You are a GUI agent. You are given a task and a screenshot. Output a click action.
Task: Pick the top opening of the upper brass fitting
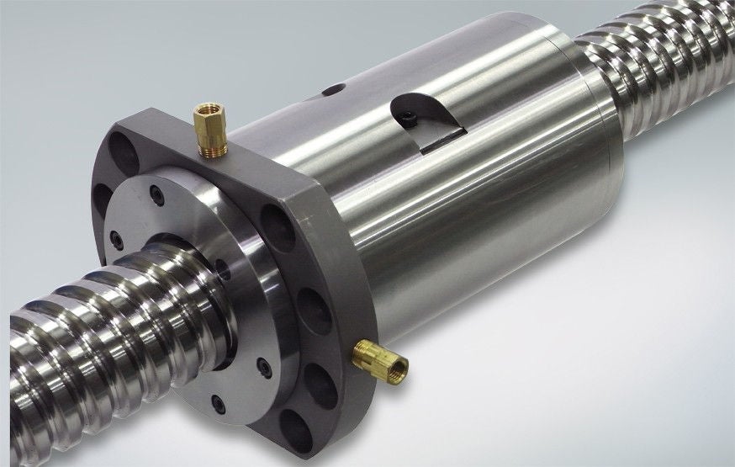coord(204,109)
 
